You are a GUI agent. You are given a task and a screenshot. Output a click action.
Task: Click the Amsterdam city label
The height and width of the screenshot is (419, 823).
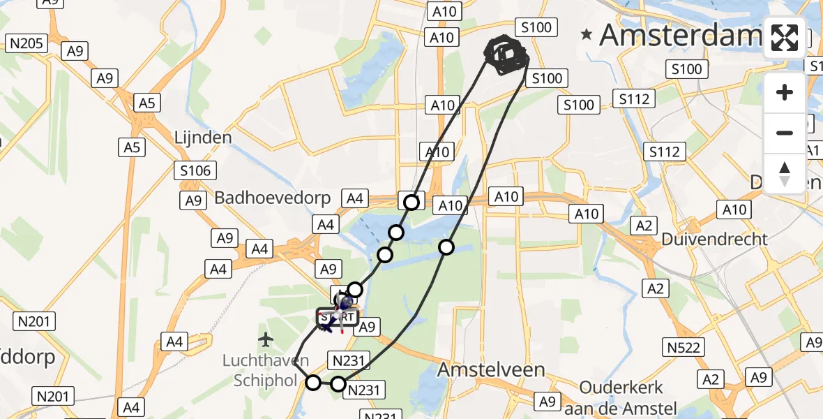(680, 35)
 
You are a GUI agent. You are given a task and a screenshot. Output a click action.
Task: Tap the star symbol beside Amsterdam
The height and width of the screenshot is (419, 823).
(587, 34)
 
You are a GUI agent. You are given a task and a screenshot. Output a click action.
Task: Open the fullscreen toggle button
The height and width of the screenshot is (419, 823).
(785, 38)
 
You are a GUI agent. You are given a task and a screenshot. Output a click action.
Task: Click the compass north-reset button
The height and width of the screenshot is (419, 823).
(785, 173)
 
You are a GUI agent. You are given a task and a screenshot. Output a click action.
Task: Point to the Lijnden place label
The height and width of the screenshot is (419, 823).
(203, 138)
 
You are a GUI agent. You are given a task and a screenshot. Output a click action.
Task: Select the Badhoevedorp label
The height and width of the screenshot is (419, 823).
(272, 198)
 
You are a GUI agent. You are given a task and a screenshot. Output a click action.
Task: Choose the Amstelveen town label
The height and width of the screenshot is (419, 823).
(490, 370)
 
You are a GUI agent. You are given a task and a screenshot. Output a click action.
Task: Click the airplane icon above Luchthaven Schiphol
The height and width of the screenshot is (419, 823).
(264, 340)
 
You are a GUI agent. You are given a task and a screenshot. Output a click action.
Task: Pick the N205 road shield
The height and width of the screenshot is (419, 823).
(27, 44)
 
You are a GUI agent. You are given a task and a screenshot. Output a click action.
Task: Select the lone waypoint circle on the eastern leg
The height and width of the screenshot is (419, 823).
(446, 247)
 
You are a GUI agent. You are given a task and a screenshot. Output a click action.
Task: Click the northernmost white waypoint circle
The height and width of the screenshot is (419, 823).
(412, 202)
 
